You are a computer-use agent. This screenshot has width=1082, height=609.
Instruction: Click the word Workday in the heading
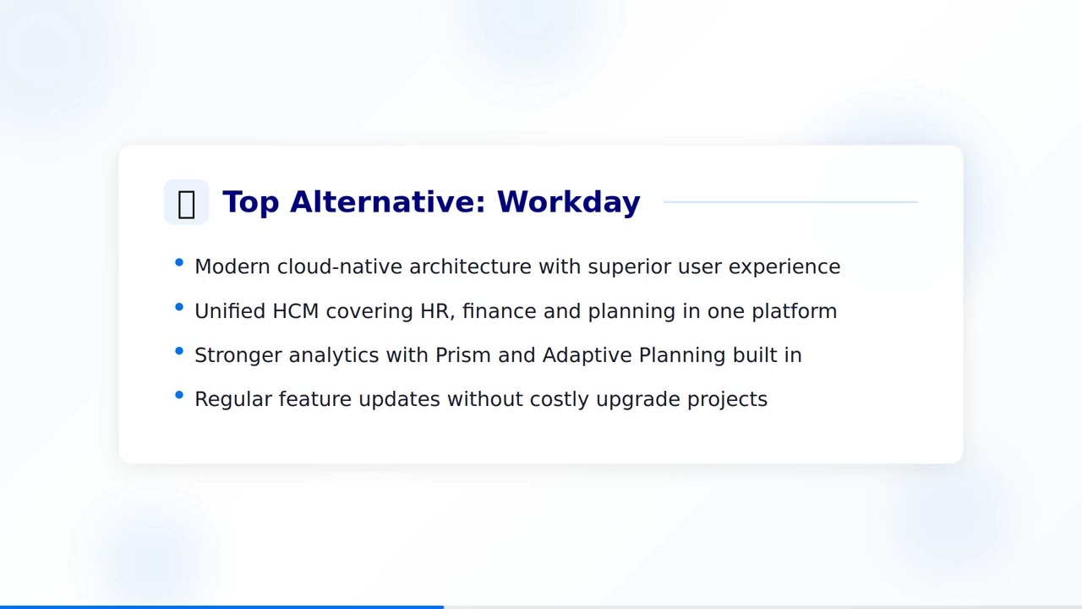568,202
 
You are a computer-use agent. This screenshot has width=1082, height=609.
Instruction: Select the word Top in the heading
250,202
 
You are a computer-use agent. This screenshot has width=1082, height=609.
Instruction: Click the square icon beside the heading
186,202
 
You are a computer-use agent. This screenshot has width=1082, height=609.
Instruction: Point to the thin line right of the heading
790,202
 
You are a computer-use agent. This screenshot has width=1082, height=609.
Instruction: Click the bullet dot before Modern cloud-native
179,263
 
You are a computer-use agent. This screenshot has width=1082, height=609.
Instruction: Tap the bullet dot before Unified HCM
179,307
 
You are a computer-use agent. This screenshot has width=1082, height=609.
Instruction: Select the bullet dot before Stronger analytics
179,351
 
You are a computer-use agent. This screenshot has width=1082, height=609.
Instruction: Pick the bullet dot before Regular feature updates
179,395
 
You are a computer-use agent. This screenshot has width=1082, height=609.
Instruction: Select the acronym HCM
295,311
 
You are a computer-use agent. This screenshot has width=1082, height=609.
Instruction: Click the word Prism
463,355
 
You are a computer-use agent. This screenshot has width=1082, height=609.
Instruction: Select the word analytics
334,355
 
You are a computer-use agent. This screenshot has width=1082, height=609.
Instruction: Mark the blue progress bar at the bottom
221,606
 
